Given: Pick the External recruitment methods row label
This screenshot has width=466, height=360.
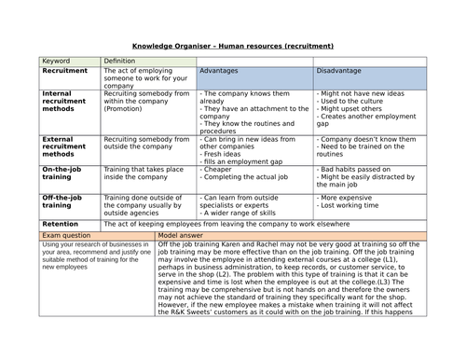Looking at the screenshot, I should (66, 147).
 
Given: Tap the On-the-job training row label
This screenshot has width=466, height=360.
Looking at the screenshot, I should (65, 175).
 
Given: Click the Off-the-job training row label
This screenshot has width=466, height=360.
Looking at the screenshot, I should (65, 204).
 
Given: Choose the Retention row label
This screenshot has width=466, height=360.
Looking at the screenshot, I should (62, 224).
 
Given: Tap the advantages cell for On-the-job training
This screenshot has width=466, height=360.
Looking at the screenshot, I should (254, 174).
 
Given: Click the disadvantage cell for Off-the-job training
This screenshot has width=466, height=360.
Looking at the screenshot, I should (369, 204).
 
